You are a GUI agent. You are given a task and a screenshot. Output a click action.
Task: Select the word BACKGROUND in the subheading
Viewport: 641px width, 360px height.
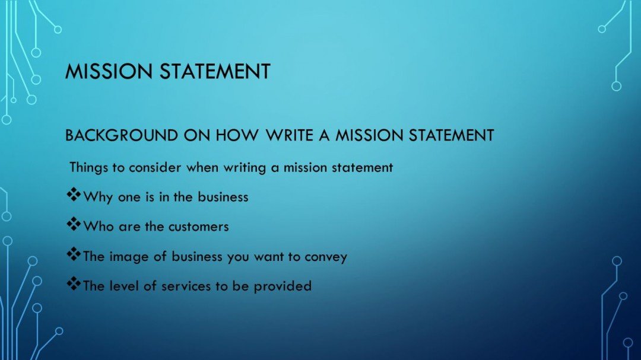(x=112, y=136)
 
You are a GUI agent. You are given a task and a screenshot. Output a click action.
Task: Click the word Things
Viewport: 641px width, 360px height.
(x=88, y=167)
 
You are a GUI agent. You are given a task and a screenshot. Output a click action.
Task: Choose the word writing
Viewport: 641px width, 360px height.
(x=245, y=168)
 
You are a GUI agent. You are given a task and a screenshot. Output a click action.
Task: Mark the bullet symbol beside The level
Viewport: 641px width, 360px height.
(x=73, y=285)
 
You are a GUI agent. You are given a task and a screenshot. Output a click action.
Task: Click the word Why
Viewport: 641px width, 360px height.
(x=99, y=197)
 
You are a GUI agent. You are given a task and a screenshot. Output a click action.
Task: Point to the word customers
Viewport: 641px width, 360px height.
(x=198, y=227)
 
